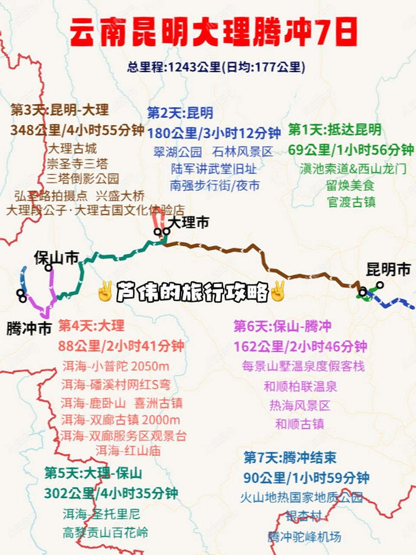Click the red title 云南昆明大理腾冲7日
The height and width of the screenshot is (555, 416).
pyautogui.click(x=213, y=33)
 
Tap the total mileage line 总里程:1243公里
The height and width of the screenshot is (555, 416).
pyautogui.click(x=216, y=67)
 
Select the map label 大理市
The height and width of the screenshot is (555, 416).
pyautogui.click(x=188, y=222)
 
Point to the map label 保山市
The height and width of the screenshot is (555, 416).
pyautogui.click(x=56, y=258)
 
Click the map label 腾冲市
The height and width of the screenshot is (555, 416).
pyautogui.click(x=29, y=329)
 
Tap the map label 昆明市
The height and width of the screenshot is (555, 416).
pyautogui.click(x=388, y=270)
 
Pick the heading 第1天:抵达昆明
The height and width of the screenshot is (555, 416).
pyautogui.click(x=335, y=129)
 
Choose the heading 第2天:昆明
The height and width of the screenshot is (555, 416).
pyautogui.click(x=180, y=113)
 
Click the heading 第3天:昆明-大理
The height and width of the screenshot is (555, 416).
pyautogui.click(x=60, y=110)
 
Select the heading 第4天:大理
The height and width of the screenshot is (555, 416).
pyautogui.click(x=91, y=326)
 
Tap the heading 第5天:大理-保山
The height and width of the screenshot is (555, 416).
pyautogui.click(x=93, y=473)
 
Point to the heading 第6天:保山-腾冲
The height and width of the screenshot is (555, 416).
pyautogui.click(x=283, y=326)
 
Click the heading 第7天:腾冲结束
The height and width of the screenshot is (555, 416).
pyautogui.click(x=290, y=457)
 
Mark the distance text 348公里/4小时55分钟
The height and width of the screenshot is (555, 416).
pyautogui.click(x=77, y=130)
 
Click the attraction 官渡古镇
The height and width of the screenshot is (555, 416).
pyautogui.click(x=351, y=202)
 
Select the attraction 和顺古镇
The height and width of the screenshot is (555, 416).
pyautogui.click(x=300, y=424)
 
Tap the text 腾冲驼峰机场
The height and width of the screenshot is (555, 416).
pyautogui.click(x=304, y=537)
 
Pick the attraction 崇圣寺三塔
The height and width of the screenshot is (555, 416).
pyautogui.click(x=78, y=164)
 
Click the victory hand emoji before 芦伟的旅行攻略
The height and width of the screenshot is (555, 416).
pyautogui.click(x=105, y=291)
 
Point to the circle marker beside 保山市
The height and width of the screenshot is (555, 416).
pyautogui.click(x=48, y=268)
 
